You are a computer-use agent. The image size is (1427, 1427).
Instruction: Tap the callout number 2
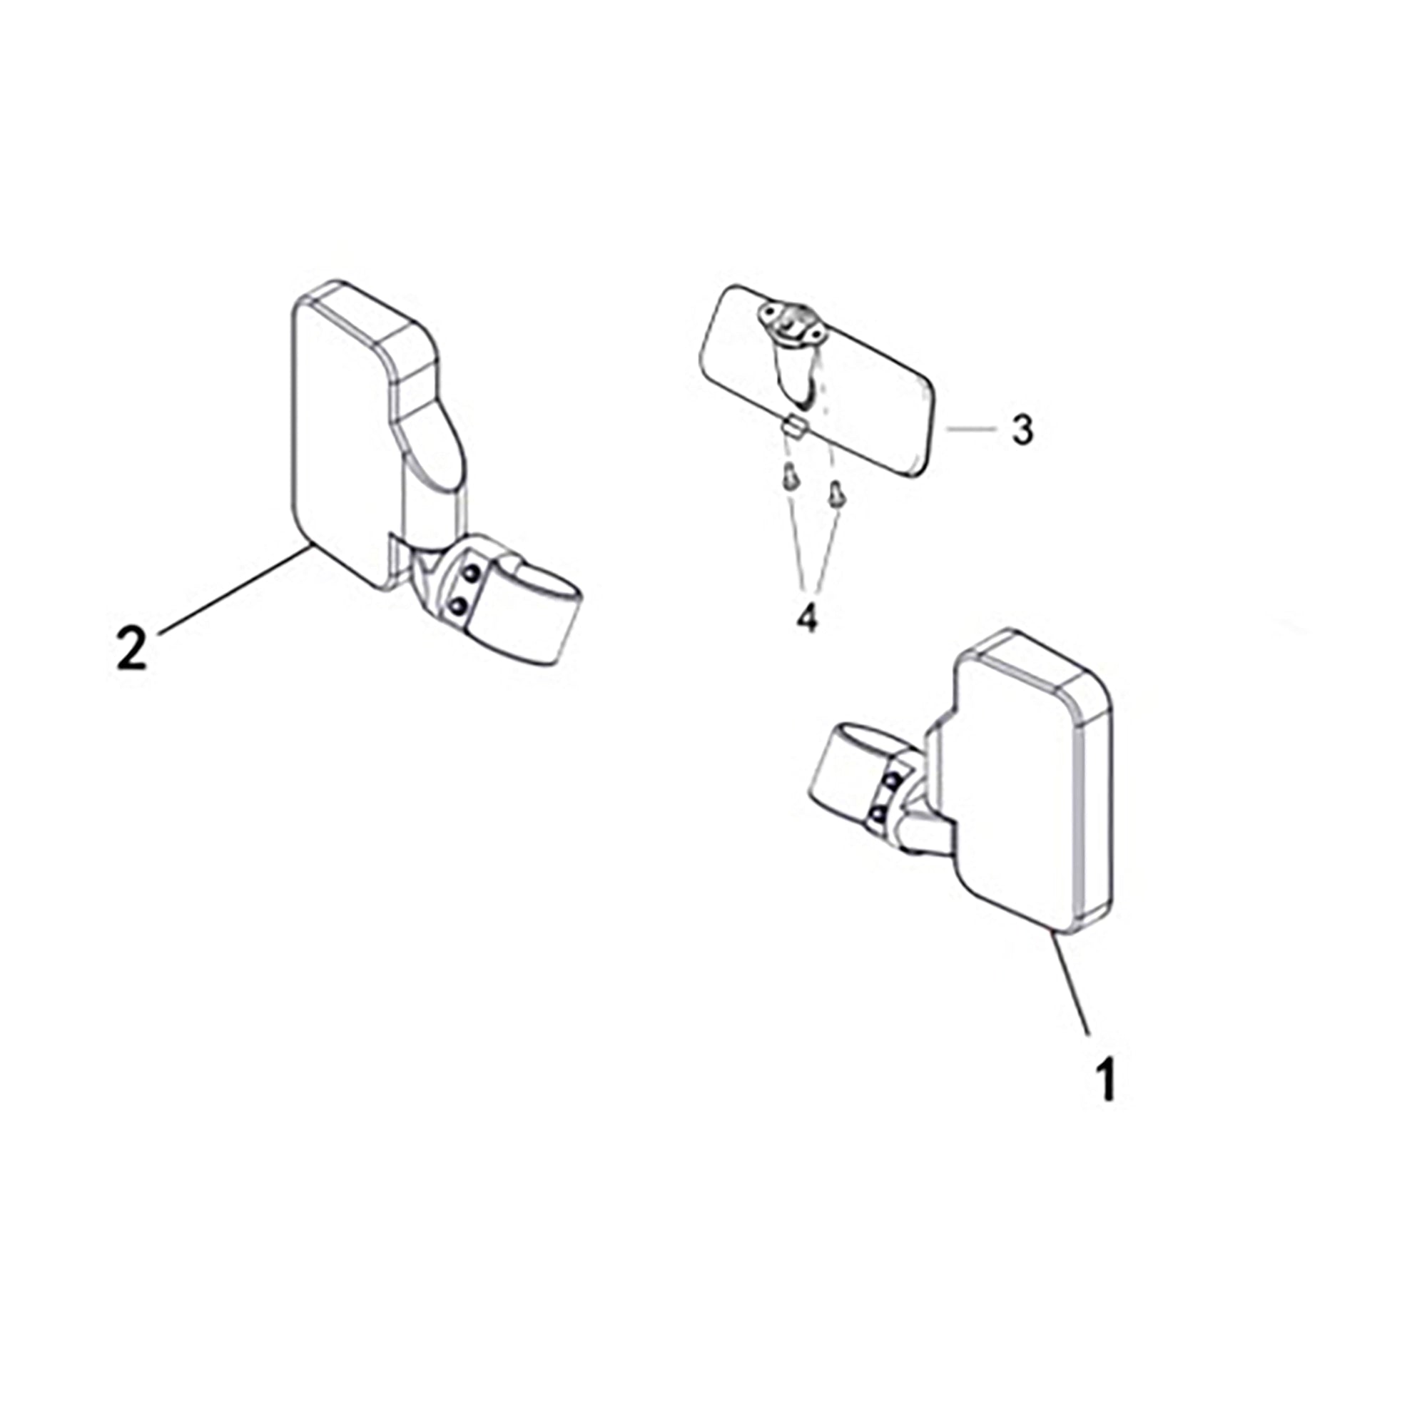pos(132,649)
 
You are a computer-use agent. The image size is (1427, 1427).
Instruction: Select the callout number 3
pos(1022,429)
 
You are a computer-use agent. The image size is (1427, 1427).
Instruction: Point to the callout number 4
pos(807,616)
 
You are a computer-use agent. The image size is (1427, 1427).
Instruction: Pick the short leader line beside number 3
pos(970,428)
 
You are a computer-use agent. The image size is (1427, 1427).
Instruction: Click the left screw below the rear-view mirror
pos(790,479)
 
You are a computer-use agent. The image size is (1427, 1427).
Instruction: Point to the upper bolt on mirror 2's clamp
pos(471,572)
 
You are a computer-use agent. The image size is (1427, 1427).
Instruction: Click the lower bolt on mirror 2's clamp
pos(459,606)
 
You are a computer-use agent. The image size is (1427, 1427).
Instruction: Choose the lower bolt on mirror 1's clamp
pos(878,815)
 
